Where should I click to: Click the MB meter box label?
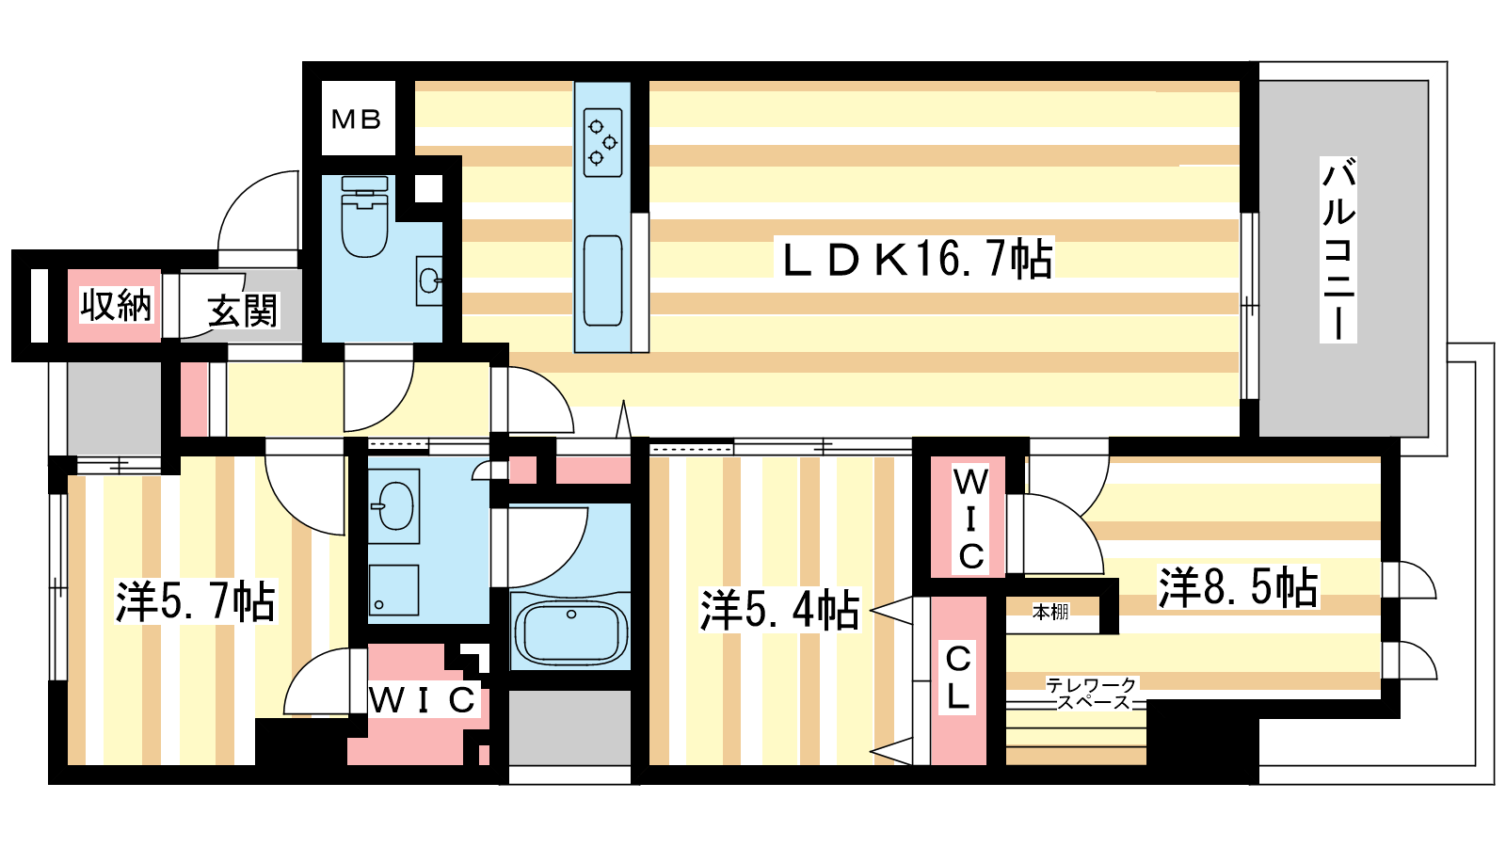pos(357,120)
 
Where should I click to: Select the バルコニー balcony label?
pos(1338,249)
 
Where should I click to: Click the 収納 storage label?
pos(115,306)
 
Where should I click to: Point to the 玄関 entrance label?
pos(243,311)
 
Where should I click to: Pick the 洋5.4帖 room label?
pos(779,610)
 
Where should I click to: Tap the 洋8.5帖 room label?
pos(1237,586)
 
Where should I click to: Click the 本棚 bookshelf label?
pos(1050,613)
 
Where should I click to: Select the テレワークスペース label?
pos(1092,694)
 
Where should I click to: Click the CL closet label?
pos(958,678)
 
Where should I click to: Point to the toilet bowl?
pos(364,221)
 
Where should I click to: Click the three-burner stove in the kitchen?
pos(602,142)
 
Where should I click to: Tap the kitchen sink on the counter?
pos(602,280)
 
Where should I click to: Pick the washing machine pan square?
pos(393,590)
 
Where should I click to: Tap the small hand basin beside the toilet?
pos(429,280)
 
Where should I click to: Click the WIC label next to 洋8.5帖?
pos(970,519)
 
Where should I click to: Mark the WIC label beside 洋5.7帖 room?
pos(423,700)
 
